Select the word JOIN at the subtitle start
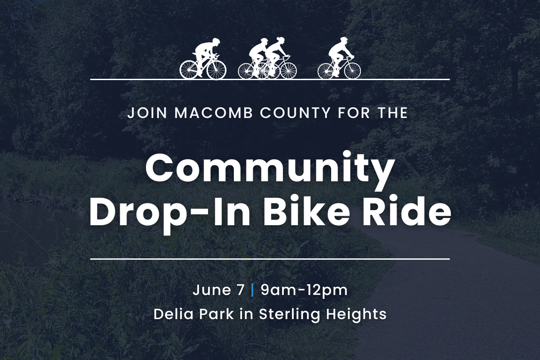pyautogui.click(x=147, y=113)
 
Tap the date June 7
pyautogui.click(x=219, y=290)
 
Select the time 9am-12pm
pyautogui.click(x=304, y=291)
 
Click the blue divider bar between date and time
pyautogui.click(x=252, y=290)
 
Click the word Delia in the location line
pyautogui.click(x=174, y=314)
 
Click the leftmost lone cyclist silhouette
pyautogui.click(x=203, y=59)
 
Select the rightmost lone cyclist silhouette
pyautogui.click(x=339, y=58)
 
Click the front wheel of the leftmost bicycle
pyautogui.click(x=217, y=70)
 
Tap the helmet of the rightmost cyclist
pyautogui.click(x=344, y=40)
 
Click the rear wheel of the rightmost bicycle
pyautogui.click(x=327, y=71)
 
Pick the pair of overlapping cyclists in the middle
pyautogui.click(x=267, y=59)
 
